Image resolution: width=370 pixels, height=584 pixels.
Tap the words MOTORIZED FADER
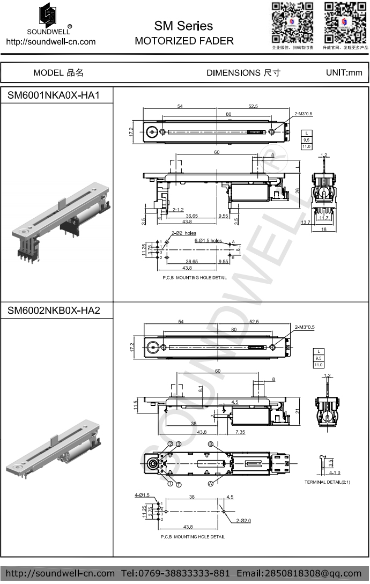pos(184,41)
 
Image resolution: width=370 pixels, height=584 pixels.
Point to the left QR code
pos(292,23)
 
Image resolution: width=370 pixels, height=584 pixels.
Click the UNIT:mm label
pos(344,72)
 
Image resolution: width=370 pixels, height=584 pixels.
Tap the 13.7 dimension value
pos(306,222)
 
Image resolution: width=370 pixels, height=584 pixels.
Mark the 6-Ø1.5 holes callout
pos(208,241)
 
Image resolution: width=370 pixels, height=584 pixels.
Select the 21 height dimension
pos(298,411)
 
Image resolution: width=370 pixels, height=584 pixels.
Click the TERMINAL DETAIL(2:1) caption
pos(327,482)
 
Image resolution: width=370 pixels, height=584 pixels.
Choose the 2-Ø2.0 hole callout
pos(242,520)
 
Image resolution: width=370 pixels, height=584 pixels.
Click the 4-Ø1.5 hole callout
pos(142,494)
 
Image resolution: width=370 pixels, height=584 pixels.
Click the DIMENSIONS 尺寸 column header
pos(243,73)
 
